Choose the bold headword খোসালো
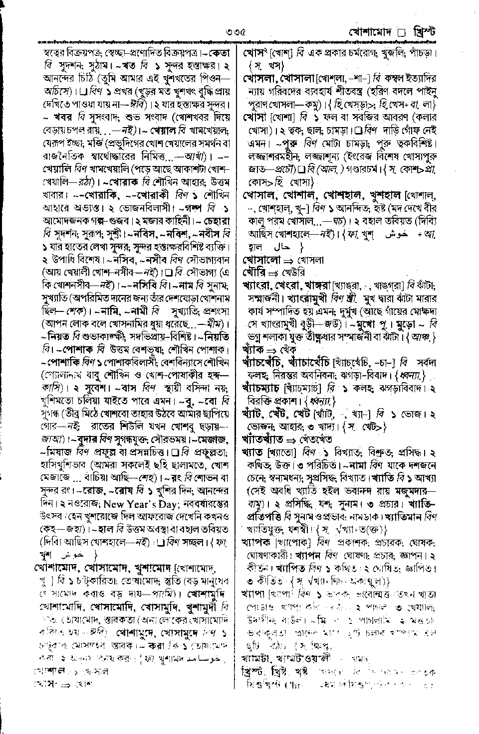pyautogui.click(x=260, y=260)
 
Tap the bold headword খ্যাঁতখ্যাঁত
pyautogui.click(x=262, y=440)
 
